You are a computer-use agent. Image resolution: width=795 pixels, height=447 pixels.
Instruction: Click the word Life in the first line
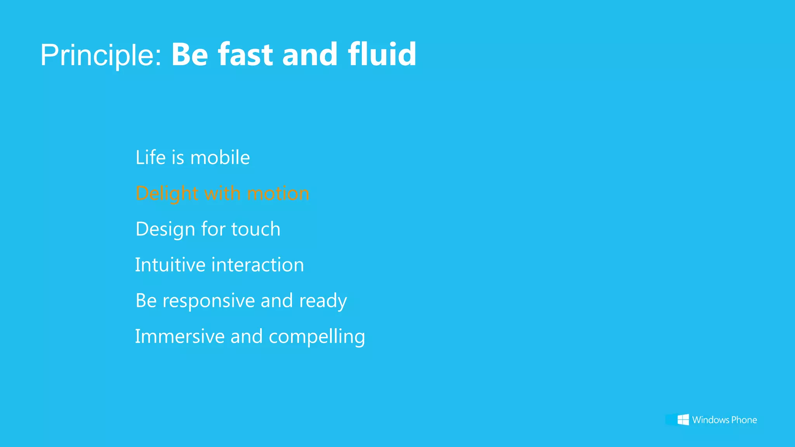tap(151, 158)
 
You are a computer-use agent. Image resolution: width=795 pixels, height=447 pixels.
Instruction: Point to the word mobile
tap(220, 158)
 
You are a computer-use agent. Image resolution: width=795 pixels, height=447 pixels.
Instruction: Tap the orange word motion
tap(278, 194)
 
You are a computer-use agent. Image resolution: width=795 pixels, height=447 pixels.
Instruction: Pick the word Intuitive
tap(170, 265)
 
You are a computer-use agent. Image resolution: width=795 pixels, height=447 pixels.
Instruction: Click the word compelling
tap(317, 337)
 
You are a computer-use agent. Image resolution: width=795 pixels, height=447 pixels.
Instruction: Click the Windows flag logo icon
tap(683, 419)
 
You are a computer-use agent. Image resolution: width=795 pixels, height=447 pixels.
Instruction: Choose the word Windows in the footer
tap(710, 420)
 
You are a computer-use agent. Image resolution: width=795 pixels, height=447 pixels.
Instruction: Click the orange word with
tap(222, 193)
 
